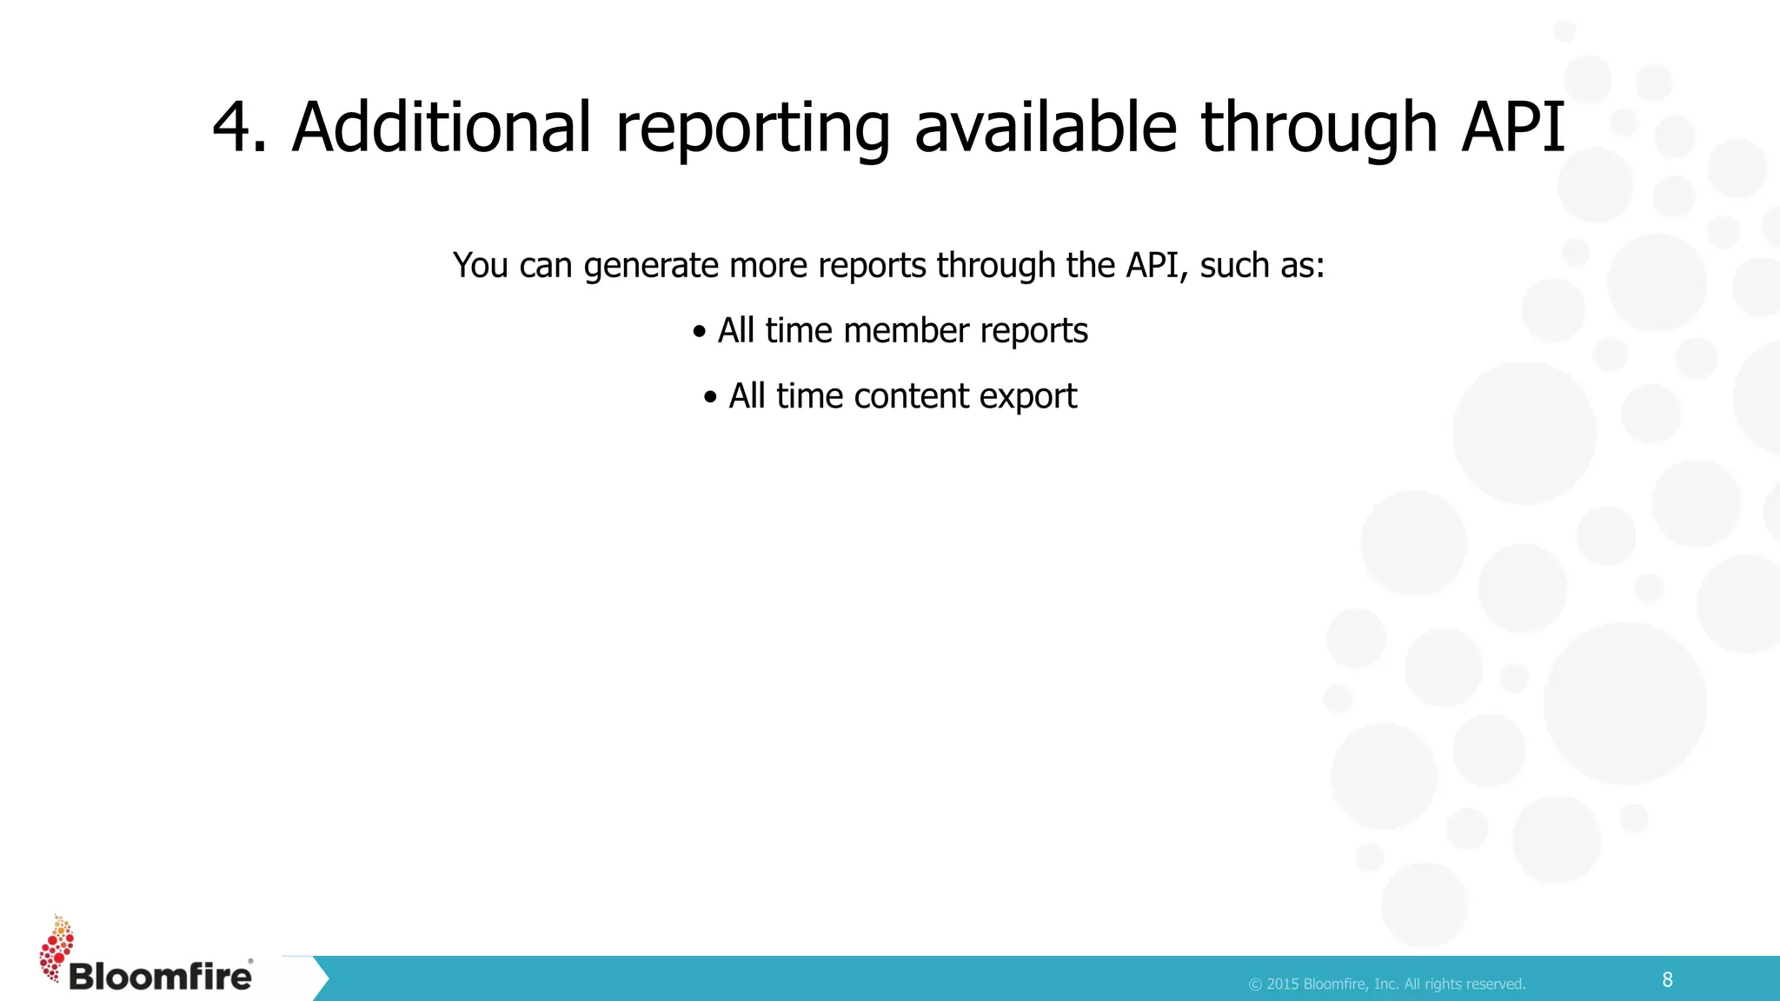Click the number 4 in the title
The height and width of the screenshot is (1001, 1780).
click(x=232, y=128)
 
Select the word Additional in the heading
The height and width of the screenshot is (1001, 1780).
click(x=442, y=128)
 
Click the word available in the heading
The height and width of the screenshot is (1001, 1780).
click(x=1046, y=128)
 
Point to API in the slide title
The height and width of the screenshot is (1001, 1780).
click(x=1513, y=128)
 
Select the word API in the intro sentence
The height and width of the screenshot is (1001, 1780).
click(x=1152, y=265)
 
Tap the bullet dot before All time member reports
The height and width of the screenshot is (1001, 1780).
click(x=699, y=332)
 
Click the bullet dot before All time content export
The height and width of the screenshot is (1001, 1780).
click(x=710, y=398)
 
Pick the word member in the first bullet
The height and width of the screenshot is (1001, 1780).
click(x=906, y=331)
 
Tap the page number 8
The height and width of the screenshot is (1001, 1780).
click(x=1667, y=980)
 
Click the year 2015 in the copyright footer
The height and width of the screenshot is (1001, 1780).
click(x=1283, y=984)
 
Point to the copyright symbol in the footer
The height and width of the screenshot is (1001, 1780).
click(x=1255, y=984)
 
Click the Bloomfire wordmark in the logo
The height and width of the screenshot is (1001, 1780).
click(x=160, y=977)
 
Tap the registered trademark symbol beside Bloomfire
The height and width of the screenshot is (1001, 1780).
click(x=251, y=961)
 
